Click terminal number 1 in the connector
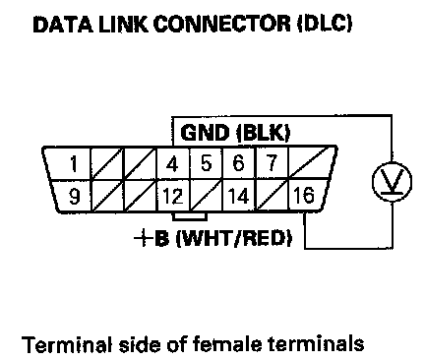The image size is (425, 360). (x=74, y=163)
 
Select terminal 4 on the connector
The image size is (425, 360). (x=172, y=163)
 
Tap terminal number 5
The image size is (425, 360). (x=206, y=163)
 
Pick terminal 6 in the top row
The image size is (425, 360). (x=238, y=163)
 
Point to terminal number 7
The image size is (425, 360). (x=272, y=163)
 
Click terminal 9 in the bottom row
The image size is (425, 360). (x=75, y=197)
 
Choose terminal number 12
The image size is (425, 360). (x=173, y=197)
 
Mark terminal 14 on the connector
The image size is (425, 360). (x=238, y=196)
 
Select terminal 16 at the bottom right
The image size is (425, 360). (x=304, y=195)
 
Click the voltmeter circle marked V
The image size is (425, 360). (x=392, y=181)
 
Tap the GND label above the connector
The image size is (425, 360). (x=205, y=133)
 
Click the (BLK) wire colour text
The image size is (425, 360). (x=264, y=133)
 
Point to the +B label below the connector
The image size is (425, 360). (x=152, y=238)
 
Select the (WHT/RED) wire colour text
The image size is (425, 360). (x=234, y=238)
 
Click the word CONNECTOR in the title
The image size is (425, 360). (x=222, y=24)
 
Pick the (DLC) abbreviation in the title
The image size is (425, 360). (x=325, y=24)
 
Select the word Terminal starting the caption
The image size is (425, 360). (x=68, y=344)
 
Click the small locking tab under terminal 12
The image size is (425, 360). (x=190, y=216)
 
